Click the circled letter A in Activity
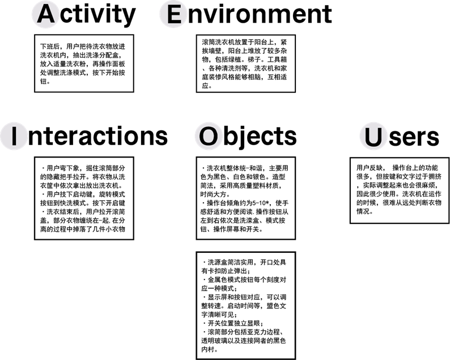(46, 14)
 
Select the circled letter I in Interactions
(14, 136)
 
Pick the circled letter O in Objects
(207, 136)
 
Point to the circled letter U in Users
(373, 137)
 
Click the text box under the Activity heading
(84, 63)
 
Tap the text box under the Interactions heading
(84, 198)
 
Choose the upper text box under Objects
(246, 198)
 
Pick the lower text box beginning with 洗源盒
(246, 306)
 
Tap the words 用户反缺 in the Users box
(370, 168)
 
